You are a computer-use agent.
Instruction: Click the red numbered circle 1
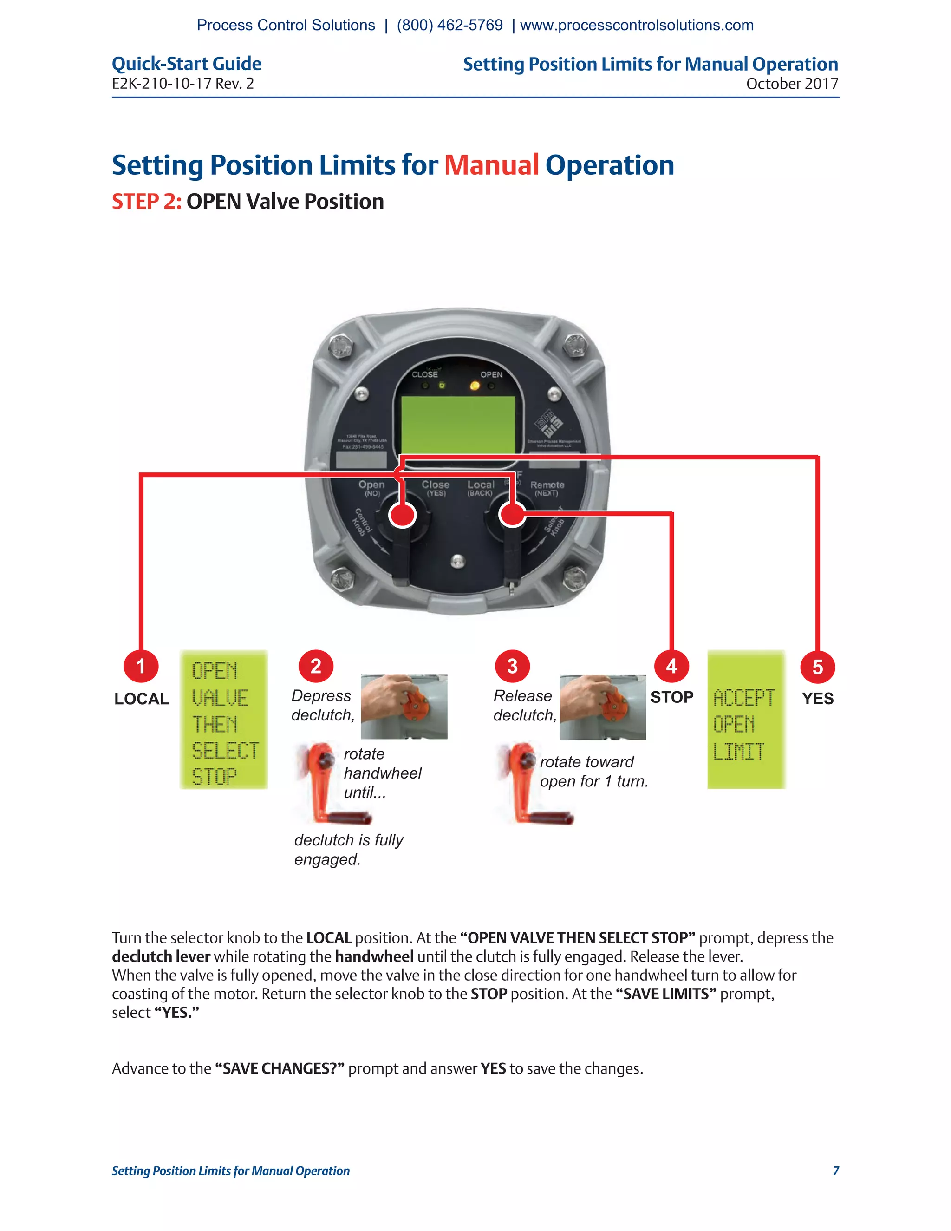(x=141, y=666)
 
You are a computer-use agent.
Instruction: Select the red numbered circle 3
(x=512, y=666)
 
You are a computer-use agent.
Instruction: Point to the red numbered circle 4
(x=671, y=666)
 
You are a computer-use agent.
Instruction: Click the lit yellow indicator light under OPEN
(x=475, y=386)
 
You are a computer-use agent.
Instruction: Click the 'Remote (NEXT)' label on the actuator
(x=547, y=488)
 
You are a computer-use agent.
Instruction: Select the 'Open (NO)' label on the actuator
(x=372, y=488)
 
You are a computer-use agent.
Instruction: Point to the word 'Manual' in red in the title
(x=491, y=165)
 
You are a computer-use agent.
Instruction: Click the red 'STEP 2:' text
(x=146, y=202)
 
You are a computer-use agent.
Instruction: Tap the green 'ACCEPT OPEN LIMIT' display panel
(x=746, y=720)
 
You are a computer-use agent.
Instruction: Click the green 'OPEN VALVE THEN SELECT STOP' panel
(x=224, y=720)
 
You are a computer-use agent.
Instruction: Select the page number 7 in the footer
(x=835, y=1171)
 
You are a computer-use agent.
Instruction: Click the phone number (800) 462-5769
(x=449, y=26)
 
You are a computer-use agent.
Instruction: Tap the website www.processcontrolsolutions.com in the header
(x=637, y=26)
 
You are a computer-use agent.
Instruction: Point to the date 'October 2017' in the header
(x=792, y=84)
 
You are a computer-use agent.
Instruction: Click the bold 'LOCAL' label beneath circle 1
(x=142, y=699)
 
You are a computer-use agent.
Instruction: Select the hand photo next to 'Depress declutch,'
(x=404, y=707)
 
